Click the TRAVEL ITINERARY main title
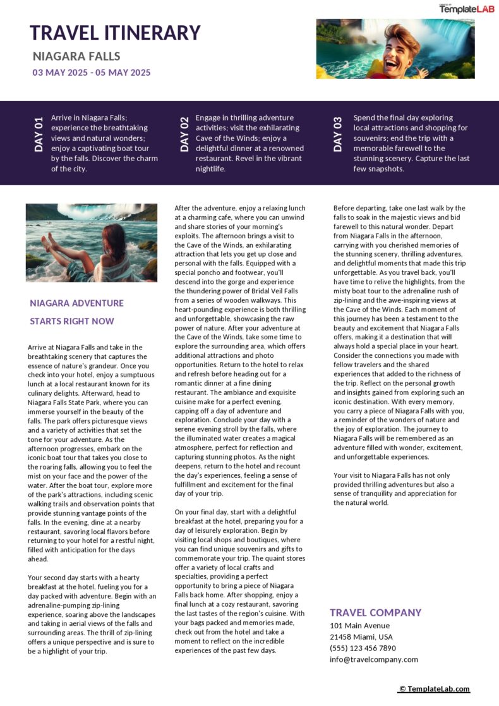[115, 33]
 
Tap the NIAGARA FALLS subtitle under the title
[76, 56]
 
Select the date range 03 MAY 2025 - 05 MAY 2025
[92, 73]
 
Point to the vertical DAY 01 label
[39, 134]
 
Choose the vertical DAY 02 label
[184, 134]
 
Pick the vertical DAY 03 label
[338, 134]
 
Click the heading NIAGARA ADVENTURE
[76, 303]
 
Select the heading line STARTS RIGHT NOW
[72, 321]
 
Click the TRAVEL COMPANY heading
[375, 612]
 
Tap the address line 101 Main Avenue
[359, 626]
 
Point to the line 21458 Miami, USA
[361, 637]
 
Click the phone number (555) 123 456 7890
[363, 648]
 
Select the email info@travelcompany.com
[373, 659]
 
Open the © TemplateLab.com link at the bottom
[434, 689]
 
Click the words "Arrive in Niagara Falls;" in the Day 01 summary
[89, 118]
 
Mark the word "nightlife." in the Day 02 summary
[213, 169]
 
